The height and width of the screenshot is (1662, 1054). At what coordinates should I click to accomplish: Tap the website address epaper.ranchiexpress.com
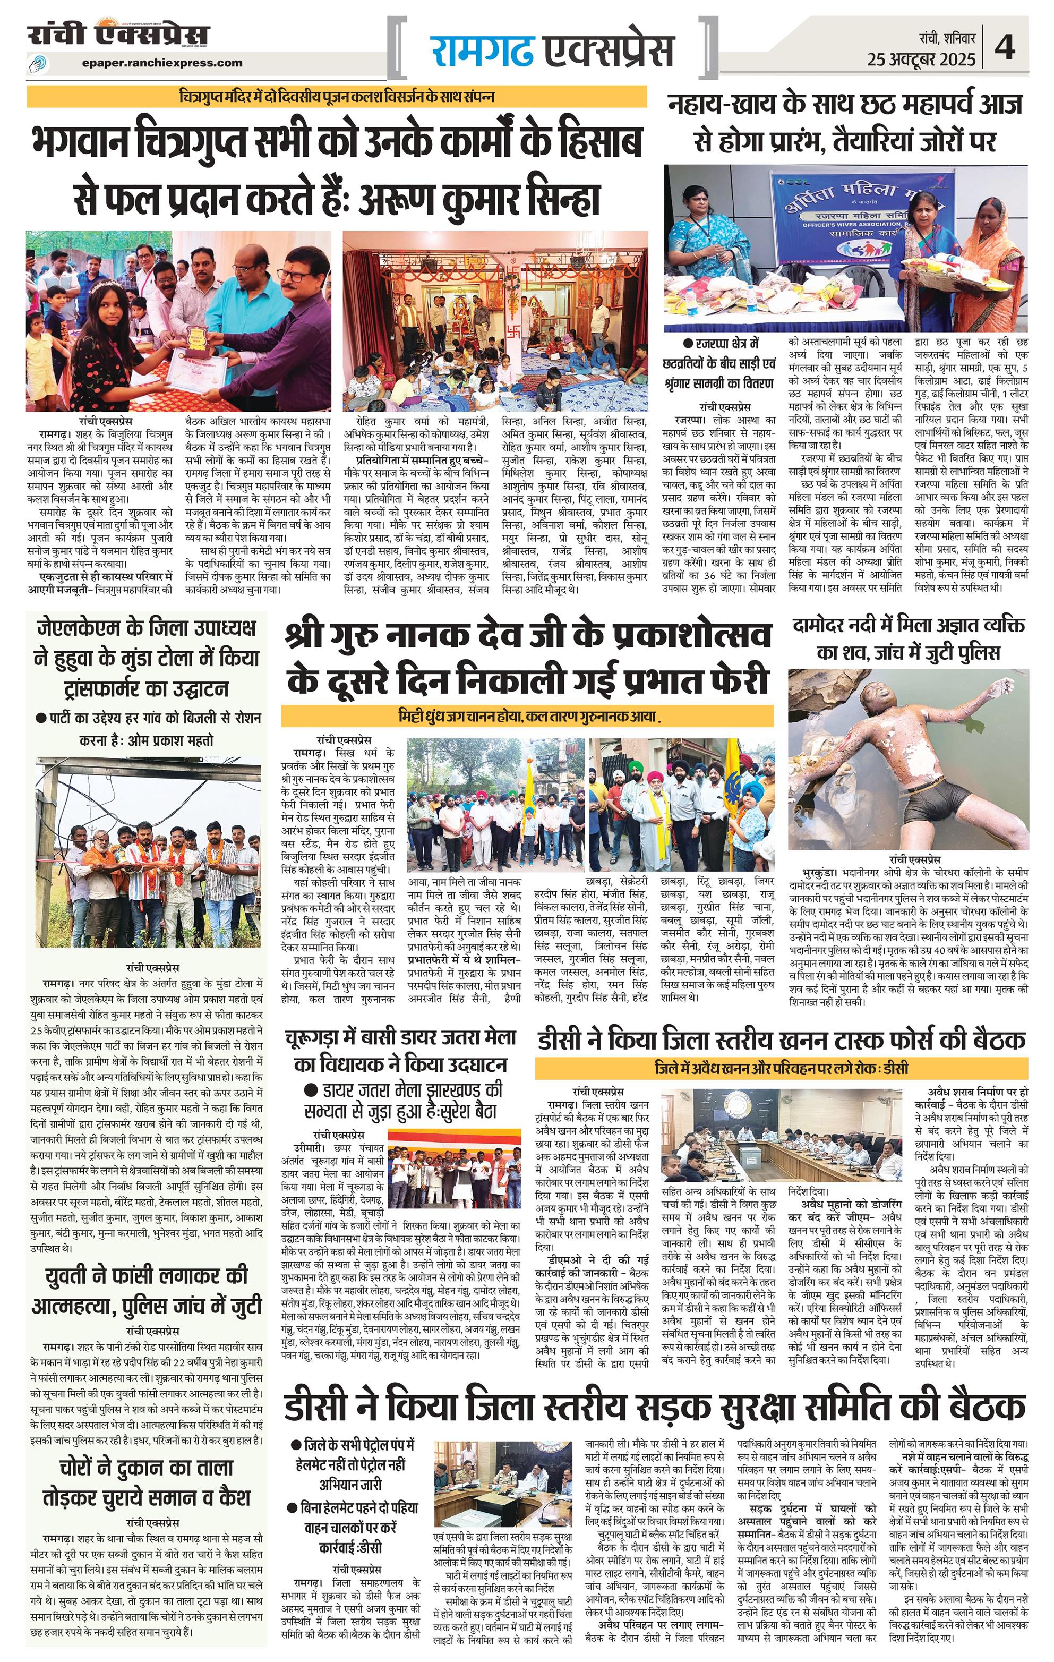pyautogui.click(x=161, y=63)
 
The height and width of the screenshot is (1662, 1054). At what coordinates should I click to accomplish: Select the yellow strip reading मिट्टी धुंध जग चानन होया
pyautogui.click(x=528, y=715)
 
